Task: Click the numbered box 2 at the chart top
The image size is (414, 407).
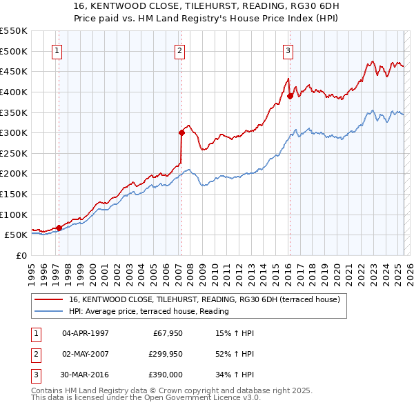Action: [x=179, y=50]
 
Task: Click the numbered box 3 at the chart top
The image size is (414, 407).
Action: [x=288, y=50]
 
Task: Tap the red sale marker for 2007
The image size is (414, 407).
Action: [x=181, y=132]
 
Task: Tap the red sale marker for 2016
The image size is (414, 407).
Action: [x=290, y=96]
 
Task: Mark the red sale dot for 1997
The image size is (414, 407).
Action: [x=59, y=227]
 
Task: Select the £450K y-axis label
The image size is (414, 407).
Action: [x=13, y=71]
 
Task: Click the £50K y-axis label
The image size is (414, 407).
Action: [x=16, y=235]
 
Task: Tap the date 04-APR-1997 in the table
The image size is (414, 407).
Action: [x=86, y=333]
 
